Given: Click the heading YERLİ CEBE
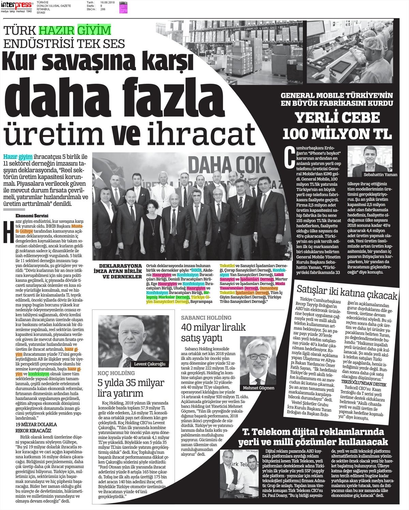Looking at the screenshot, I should coord(337,118).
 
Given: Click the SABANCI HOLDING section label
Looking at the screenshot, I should coord(206,318).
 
